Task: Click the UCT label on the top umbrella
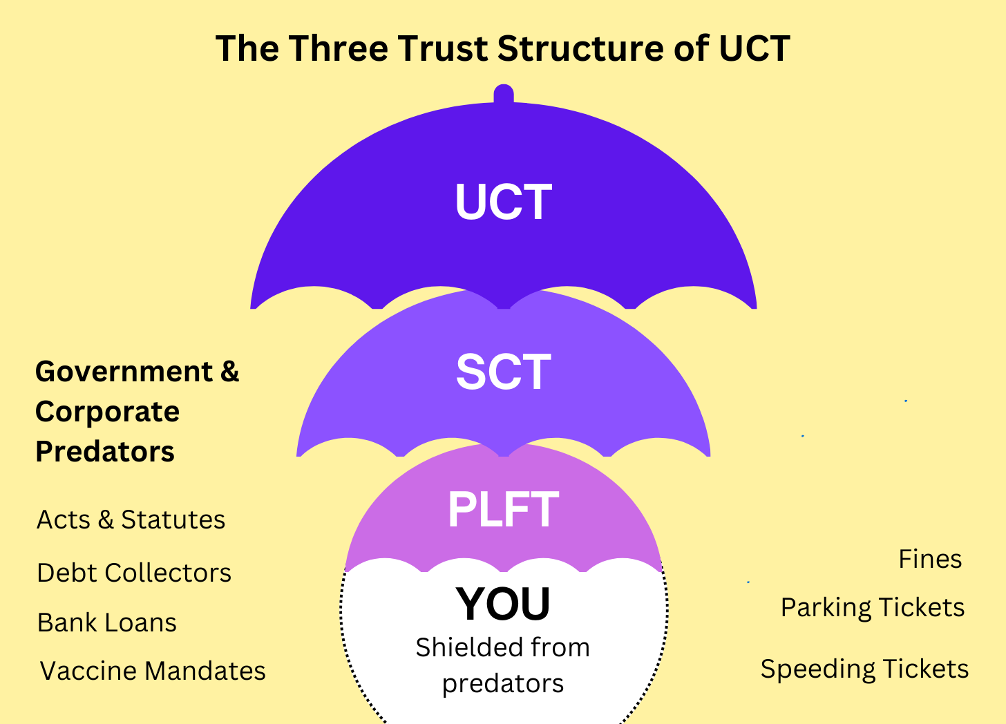tap(503, 202)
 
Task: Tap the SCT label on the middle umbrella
tap(503, 372)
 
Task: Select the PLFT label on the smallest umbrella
tap(503, 510)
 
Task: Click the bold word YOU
tap(503, 604)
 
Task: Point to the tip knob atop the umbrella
tap(504, 94)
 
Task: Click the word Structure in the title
tap(602, 49)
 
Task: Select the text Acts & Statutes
tap(131, 520)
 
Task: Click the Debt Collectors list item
tap(134, 573)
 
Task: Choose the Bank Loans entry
tap(107, 622)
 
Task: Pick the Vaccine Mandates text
tap(153, 671)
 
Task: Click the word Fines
tap(930, 559)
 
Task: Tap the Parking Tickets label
tap(873, 607)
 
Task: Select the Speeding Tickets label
tap(864, 669)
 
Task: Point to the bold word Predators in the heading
tap(105, 452)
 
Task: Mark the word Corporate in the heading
tap(108, 412)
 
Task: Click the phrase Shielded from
tap(503, 647)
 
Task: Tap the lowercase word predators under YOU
tap(503, 683)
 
